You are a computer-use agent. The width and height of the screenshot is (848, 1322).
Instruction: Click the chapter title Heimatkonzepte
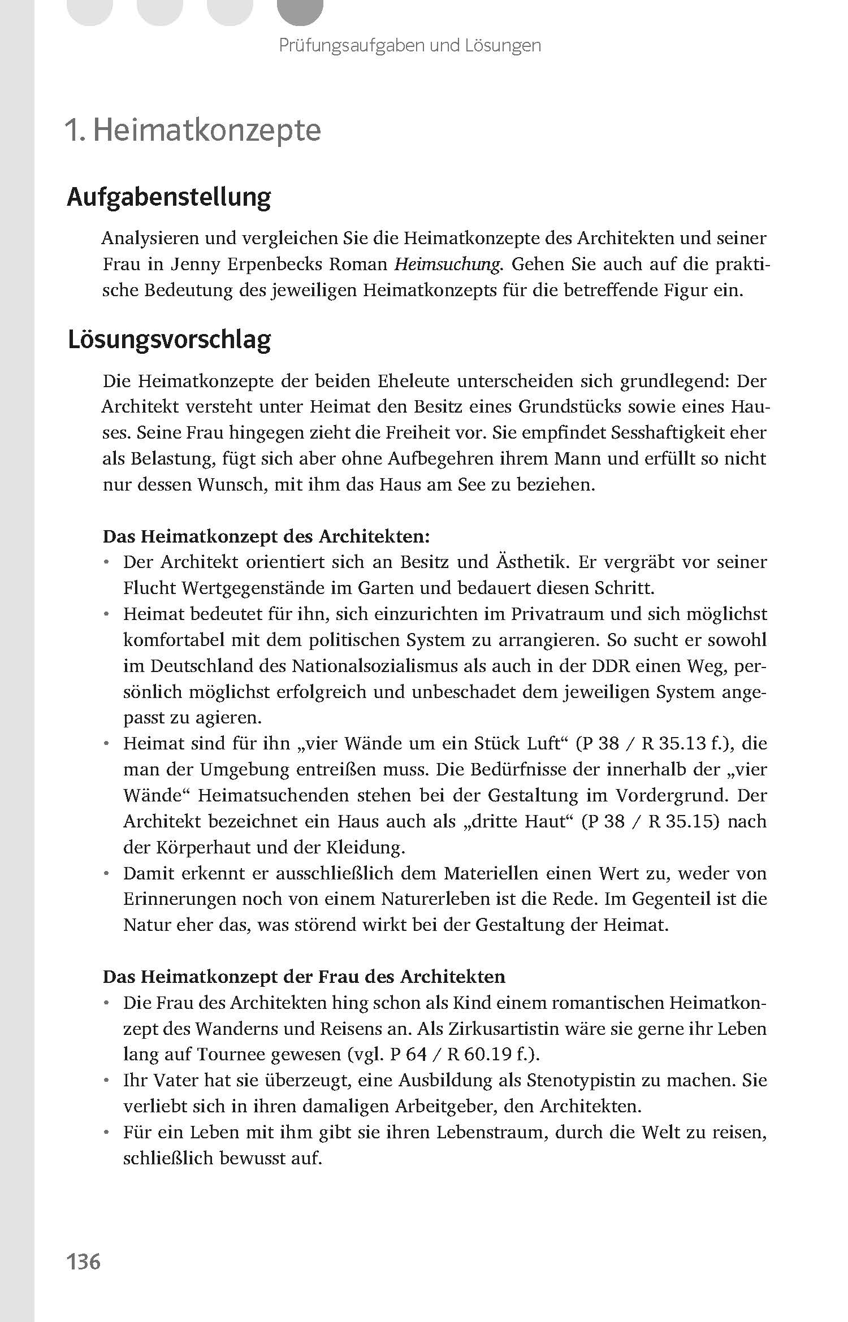207,131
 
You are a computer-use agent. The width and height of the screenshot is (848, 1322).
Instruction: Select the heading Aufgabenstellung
168,197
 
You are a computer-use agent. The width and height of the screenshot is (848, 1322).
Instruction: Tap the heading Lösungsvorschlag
169,340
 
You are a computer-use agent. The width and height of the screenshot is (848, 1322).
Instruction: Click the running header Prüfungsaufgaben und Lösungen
410,45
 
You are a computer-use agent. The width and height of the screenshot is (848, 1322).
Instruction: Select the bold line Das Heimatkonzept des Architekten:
266,536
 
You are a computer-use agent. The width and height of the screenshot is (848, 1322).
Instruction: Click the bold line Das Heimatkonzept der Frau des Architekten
304,977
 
